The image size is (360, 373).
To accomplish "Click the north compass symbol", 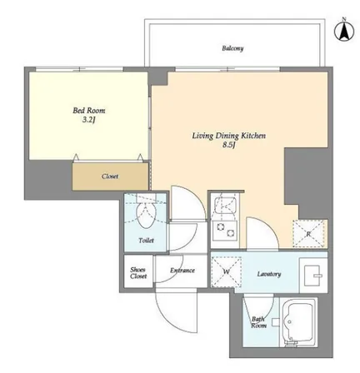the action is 344,30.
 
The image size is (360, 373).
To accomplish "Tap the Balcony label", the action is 232,48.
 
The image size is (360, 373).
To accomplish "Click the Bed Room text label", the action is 89,111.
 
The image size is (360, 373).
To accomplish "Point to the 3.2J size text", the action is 89,120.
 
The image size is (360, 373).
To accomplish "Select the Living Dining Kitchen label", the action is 229,136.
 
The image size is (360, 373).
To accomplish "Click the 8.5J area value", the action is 229,145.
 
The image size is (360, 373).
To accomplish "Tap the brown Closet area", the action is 110,177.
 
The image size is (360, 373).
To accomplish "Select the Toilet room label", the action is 146,241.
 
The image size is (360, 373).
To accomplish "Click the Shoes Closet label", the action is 138,273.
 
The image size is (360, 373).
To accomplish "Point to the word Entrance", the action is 182,271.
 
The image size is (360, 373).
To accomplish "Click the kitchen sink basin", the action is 225,206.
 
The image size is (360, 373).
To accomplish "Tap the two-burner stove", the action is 225,230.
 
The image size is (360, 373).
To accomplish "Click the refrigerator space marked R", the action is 308,234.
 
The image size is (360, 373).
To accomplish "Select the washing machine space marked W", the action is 227,271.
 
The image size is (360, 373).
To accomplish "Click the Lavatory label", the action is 269,274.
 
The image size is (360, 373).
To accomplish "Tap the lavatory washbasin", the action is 313,276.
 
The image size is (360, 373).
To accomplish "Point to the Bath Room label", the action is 259,322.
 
